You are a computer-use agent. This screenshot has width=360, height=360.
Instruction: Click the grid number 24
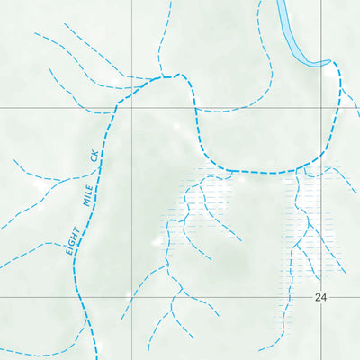[x=321, y=296]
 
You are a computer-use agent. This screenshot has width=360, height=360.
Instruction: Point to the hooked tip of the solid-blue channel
[x=326, y=62]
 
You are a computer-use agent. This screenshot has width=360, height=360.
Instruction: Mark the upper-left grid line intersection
[x=132, y=107]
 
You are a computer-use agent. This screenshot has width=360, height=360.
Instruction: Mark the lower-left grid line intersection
[x=132, y=296]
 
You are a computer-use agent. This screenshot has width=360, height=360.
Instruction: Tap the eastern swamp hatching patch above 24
[x=310, y=220]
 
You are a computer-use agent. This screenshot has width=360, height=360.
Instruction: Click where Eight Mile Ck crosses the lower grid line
[x=81, y=296]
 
